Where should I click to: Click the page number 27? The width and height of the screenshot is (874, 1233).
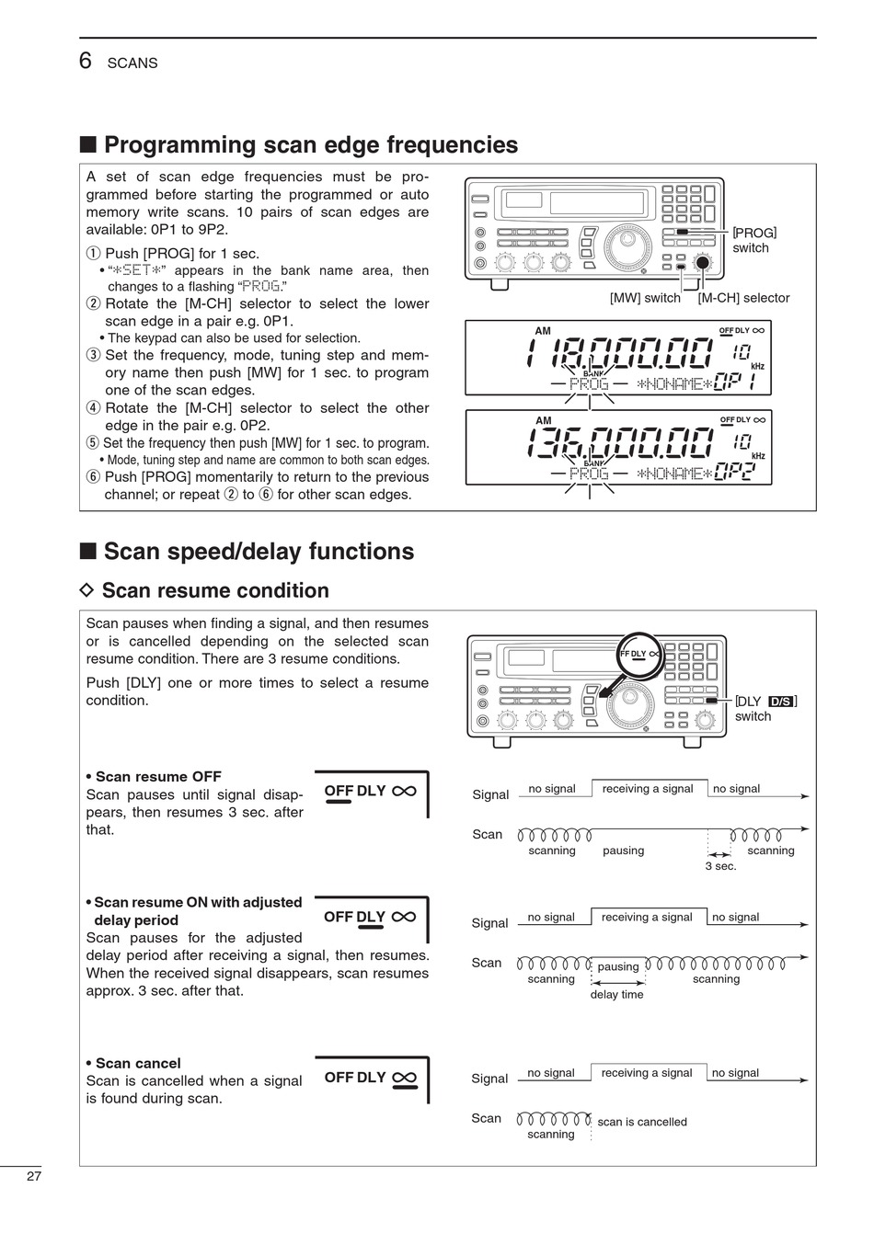(34, 1176)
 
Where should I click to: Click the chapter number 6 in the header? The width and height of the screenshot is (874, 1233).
(86, 61)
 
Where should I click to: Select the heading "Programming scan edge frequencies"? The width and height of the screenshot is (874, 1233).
(310, 145)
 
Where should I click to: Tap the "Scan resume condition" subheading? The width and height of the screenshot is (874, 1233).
(214, 590)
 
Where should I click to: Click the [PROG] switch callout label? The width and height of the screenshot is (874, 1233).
(754, 240)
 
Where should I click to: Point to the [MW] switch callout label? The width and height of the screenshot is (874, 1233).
(645, 298)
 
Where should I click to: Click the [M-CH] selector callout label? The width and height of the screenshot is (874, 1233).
(743, 298)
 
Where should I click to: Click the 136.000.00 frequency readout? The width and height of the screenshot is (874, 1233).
(620, 443)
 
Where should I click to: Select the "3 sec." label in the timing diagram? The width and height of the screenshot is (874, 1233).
(720, 866)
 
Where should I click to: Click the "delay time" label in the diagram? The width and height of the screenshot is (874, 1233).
(616, 995)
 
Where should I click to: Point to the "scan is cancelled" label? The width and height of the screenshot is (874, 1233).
(641, 1122)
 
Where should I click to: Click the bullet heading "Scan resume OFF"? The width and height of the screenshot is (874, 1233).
(158, 777)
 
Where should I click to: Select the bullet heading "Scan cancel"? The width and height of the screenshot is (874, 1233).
(138, 1064)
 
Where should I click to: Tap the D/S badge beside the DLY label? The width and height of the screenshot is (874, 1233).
(781, 702)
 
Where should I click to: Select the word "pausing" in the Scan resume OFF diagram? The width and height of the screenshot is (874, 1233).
(623, 851)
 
